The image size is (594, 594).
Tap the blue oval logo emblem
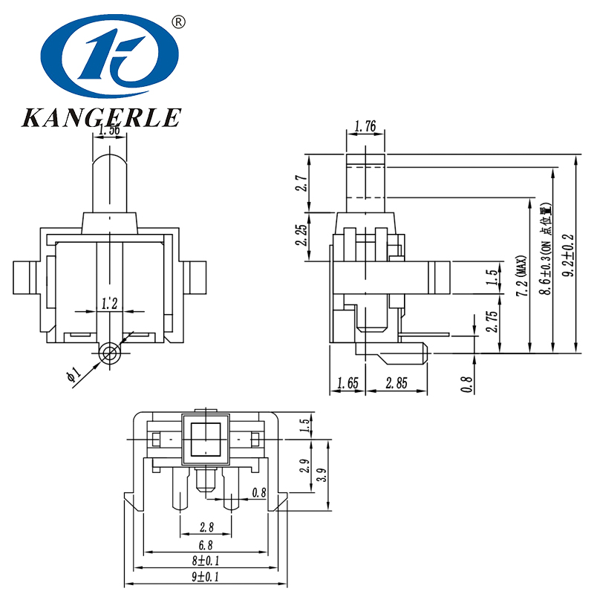(x=110, y=58)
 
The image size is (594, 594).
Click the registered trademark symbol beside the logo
(x=177, y=22)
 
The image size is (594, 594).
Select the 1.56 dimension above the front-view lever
(x=110, y=130)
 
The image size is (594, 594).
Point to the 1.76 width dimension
(x=365, y=127)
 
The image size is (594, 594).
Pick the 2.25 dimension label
(x=300, y=235)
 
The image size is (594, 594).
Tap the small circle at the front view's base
(x=111, y=353)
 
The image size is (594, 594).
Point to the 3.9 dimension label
(x=321, y=475)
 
